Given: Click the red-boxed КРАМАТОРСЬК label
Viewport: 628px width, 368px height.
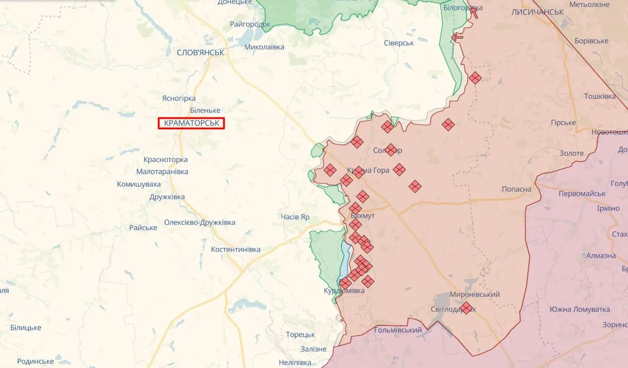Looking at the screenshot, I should (191, 123).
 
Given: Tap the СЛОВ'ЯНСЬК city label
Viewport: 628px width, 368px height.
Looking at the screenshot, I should (200, 53).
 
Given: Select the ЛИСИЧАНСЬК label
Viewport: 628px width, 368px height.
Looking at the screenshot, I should (538, 12).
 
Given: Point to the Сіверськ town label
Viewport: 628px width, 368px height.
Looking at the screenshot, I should (399, 43).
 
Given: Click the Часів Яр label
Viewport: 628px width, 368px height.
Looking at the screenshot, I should (295, 217).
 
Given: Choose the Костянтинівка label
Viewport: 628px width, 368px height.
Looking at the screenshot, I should (235, 249).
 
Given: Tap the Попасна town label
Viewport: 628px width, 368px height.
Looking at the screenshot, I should (516, 189).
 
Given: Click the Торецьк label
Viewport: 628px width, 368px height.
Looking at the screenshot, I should (300, 335).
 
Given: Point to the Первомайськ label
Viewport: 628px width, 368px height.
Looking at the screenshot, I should (582, 193).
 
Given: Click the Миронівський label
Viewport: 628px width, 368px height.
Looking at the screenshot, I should (474, 294).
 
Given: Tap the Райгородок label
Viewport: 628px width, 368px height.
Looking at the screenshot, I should (250, 24).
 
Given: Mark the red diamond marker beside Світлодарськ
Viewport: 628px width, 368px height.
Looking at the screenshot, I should (466, 308).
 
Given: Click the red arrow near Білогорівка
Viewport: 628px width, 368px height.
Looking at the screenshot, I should (474, 13).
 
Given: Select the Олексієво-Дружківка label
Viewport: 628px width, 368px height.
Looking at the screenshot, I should (199, 222).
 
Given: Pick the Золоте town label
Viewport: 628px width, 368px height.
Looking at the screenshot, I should (571, 153).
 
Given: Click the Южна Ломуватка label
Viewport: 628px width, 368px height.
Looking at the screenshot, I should (579, 309).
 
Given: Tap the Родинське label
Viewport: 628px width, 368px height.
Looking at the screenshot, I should (35, 361).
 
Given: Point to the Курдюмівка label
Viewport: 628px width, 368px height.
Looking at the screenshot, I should (344, 291).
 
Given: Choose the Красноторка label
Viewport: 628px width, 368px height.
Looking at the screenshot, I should (165, 160).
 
